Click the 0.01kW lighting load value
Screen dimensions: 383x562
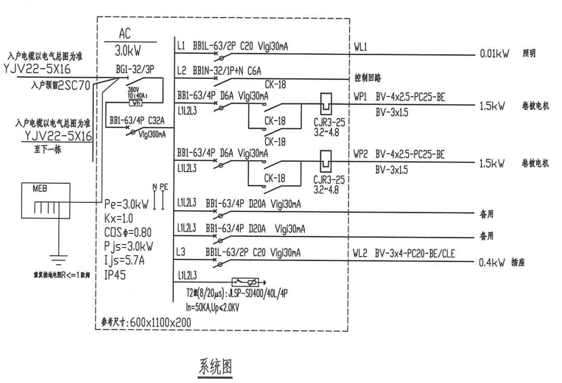coord(494,54)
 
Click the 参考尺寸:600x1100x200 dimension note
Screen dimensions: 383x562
coord(147,321)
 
